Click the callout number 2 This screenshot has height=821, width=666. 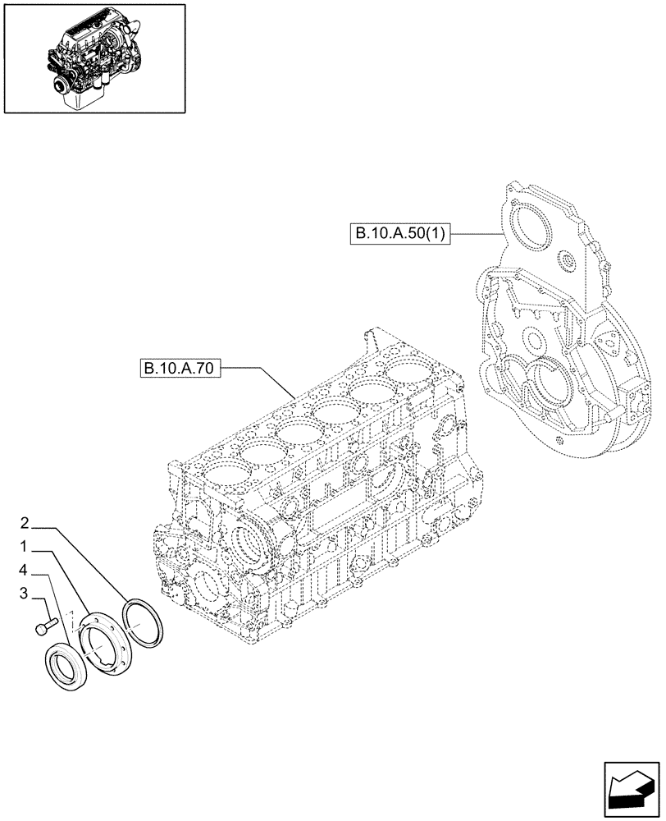pos(25,523)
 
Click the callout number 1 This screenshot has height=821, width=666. pos(25,546)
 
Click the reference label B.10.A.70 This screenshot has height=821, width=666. pos(178,369)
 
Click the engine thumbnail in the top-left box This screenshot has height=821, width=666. pos(92,58)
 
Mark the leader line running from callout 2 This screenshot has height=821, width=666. pos(90,566)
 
